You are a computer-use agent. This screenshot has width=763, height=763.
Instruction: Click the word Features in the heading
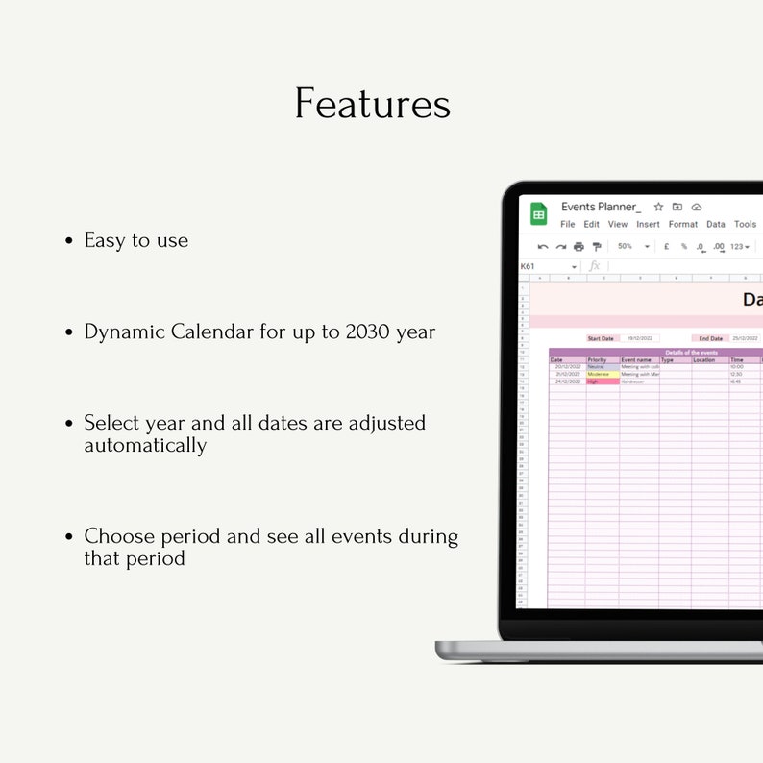click(x=372, y=104)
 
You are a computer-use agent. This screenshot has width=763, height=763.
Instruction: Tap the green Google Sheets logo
click(x=538, y=214)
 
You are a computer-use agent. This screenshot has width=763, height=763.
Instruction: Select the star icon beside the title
click(x=658, y=207)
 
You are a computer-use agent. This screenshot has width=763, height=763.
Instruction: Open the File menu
click(x=568, y=224)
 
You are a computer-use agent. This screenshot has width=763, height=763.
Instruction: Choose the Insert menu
click(x=648, y=224)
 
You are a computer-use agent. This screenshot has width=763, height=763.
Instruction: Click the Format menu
click(x=683, y=224)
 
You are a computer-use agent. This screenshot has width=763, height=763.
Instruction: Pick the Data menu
click(x=716, y=224)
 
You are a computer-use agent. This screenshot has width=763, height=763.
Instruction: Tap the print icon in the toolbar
click(x=578, y=247)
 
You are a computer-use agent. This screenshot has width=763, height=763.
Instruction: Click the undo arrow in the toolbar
click(x=543, y=247)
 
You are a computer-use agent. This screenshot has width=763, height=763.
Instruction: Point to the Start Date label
click(x=601, y=338)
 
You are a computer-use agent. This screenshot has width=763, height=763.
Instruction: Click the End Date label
click(x=710, y=338)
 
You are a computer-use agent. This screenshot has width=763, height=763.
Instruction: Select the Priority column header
click(x=598, y=360)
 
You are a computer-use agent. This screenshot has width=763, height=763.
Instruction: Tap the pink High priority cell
click(x=602, y=381)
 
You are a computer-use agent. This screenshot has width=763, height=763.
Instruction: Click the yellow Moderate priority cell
click(x=602, y=374)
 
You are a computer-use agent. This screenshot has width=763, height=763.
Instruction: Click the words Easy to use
click(x=135, y=240)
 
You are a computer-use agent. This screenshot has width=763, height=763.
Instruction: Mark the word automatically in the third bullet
click(x=145, y=445)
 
